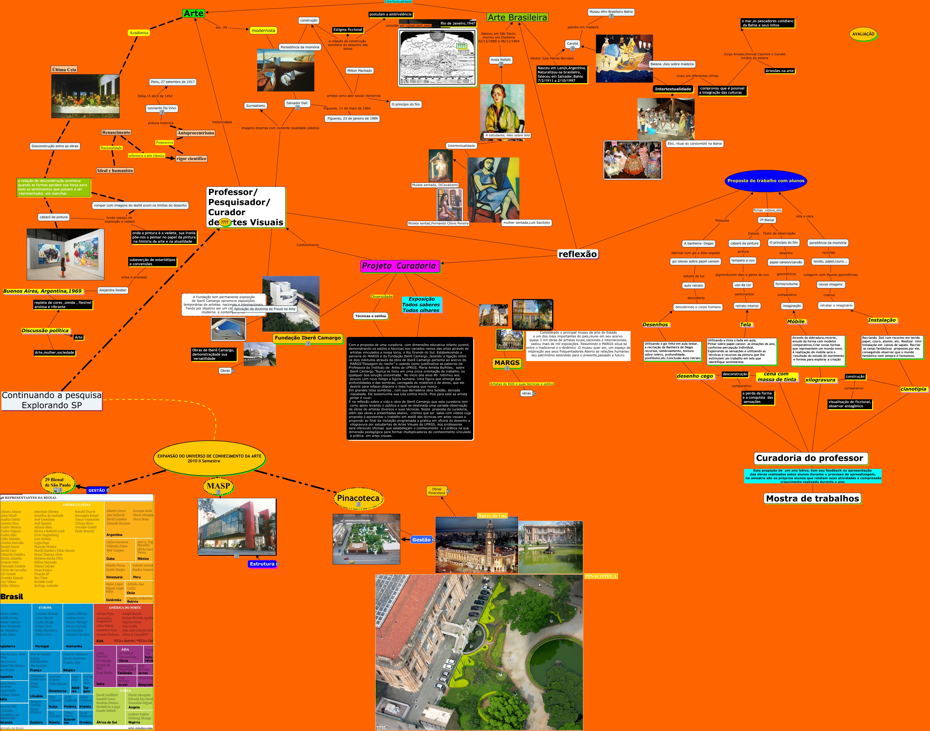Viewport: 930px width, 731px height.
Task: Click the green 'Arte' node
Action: (194, 13)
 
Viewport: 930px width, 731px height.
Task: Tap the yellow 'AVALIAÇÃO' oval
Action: (863, 34)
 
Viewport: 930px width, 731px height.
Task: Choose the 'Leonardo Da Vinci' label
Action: (162, 108)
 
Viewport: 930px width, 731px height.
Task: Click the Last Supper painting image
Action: (85, 96)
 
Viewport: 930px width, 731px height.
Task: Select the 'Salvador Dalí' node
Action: (297, 103)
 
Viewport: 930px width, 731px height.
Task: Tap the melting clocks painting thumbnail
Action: (286, 70)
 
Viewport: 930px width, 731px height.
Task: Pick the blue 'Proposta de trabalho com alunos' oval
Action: (765, 181)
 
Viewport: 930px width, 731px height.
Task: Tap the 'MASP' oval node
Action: (219, 486)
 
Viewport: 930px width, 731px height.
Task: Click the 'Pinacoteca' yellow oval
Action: (358, 498)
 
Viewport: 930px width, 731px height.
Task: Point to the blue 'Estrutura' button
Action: (262, 564)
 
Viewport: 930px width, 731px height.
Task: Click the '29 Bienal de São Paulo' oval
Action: (58, 483)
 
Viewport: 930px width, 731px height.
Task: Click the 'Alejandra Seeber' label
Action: (113, 290)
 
